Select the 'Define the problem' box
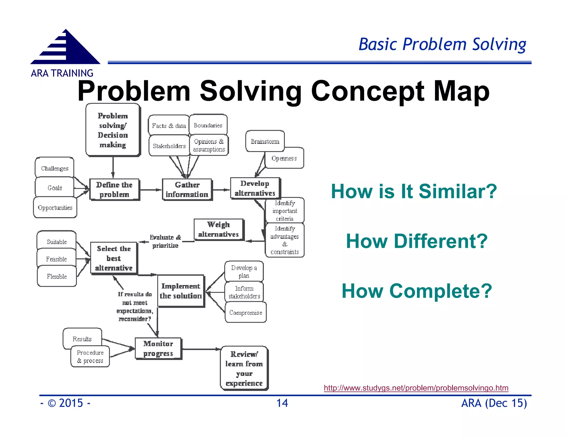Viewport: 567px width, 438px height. coord(114,190)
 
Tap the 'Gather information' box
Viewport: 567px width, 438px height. coord(187,190)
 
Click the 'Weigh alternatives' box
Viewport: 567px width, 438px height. coord(218,230)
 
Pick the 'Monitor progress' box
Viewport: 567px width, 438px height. coord(158,349)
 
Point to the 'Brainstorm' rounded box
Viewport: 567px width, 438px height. coord(265,141)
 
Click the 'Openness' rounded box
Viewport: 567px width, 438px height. coord(284,158)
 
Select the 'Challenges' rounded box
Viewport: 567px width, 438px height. coord(55,168)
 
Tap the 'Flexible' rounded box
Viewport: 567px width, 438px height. coord(57,276)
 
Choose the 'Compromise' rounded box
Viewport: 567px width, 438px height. coord(246,313)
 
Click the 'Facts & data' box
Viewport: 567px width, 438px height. coord(169,126)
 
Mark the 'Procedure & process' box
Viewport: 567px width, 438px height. coord(90,357)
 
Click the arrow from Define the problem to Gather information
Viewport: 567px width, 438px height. coord(151,190)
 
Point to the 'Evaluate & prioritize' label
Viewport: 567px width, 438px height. coord(165,241)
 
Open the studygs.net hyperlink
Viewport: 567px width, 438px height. coord(416,388)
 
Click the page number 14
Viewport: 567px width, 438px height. coord(282,403)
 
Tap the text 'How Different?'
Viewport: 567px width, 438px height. coord(416,241)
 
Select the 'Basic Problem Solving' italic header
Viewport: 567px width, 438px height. coord(442,44)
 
